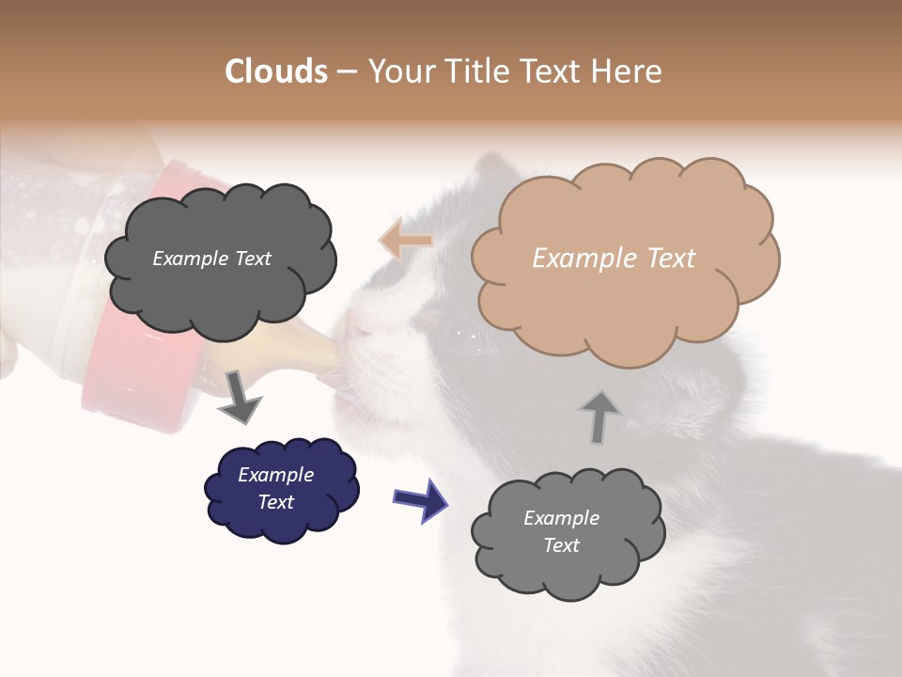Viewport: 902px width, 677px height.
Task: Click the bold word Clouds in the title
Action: (276, 71)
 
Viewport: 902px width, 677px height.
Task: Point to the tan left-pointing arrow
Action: (406, 241)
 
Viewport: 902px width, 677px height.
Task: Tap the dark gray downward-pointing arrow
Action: (240, 396)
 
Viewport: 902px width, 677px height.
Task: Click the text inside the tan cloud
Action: (614, 259)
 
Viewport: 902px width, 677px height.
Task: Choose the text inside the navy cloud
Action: (275, 488)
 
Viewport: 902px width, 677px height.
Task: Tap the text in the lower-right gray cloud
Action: (561, 531)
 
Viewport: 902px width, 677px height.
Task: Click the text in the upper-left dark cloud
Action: (211, 259)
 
